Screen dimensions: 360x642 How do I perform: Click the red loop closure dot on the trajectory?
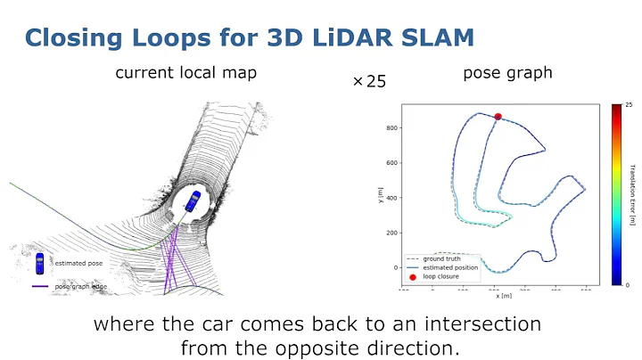pyautogui.click(x=498, y=117)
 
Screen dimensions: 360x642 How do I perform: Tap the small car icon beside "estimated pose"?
pyautogui.click(x=39, y=263)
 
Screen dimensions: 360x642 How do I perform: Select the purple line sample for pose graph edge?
pyautogui.click(x=39, y=286)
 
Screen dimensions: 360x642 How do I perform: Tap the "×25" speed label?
pyautogui.click(x=370, y=81)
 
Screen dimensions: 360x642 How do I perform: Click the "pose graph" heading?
pyautogui.click(x=507, y=73)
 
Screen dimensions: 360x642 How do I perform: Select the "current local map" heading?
pyautogui.click(x=186, y=73)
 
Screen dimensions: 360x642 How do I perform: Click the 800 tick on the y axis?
pyautogui.click(x=390, y=127)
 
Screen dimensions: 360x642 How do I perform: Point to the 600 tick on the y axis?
pyautogui.click(x=390, y=162)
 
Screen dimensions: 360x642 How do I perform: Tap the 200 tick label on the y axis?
pyautogui.click(x=390, y=233)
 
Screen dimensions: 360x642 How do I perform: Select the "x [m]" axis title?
pyautogui.click(x=504, y=294)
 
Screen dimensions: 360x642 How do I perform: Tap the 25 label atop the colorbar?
pyautogui.click(x=629, y=105)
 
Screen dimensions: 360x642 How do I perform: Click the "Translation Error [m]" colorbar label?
pyautogui.click(x=631, y=195)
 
